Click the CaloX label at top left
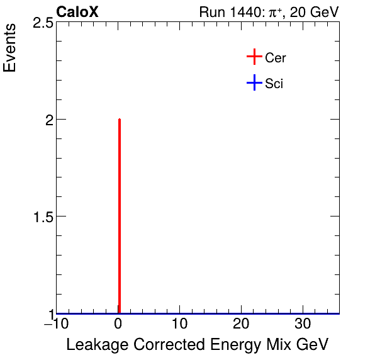pyautogui.click(x=77, y=12)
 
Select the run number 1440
pyautogui.click(x=240, y=12)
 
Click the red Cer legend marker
pyautogui.click(x=254, y=57)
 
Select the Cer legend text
pyautogui.click(x=276, y=58)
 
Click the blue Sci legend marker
pyautogui.click(x=254, y=83)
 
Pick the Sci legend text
pyautogui.click(x=274, y=83)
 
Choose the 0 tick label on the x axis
pyautogui.click(x=118, y=325)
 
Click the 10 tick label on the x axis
pyautogui.click(x=179, y=325)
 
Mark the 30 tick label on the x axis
pyautogui.click(x=303, y=325)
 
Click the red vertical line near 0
pyautogui.click(x=119, y=214)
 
